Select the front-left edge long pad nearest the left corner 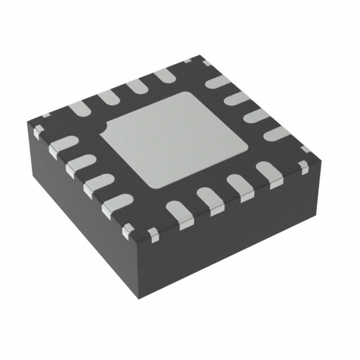[x=63, y=145]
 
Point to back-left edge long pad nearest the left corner [x=78, y=109]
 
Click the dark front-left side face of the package [x=73, y=214]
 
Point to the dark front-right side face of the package [x=236, y=236]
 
